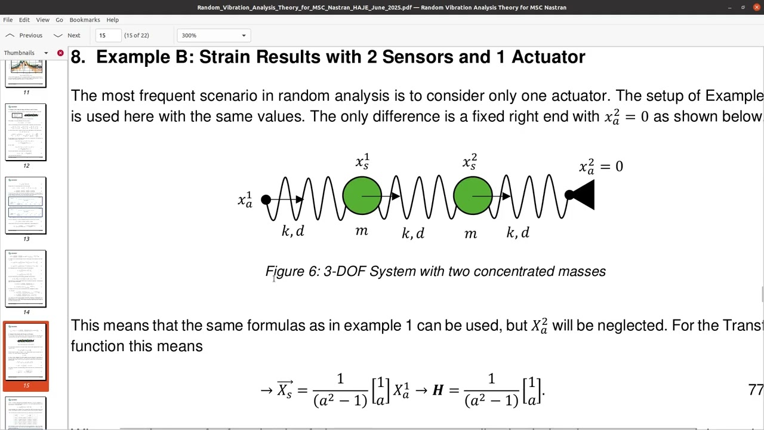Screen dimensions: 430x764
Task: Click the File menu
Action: tap(8, 20)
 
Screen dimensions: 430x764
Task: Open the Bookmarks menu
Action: tap(85, 20)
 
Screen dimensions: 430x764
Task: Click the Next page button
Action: tap(67, 35)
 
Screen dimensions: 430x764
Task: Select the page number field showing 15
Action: tap(108, 35)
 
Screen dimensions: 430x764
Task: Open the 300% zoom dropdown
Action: tap(214, 35)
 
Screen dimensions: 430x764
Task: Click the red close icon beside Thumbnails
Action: tap(60, 53)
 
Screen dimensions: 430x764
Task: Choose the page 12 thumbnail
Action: tap(26, 132)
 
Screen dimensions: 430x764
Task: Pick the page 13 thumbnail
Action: tap(26, 205)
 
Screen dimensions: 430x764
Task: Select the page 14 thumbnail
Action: tap(26, 279)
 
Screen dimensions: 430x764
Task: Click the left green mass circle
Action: tap(362, 195)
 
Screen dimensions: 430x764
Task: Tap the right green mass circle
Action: tap(473, 195)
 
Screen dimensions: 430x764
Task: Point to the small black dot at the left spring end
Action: tap(266, 199)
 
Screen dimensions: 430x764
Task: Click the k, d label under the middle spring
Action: tap(413, 233)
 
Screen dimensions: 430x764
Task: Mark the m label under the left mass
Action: tap(362, 231)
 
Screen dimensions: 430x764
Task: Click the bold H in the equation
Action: tap(438, 391)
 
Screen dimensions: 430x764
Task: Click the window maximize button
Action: tap(743, 7)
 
